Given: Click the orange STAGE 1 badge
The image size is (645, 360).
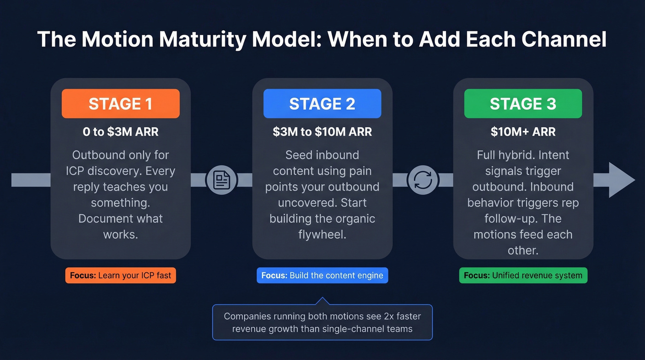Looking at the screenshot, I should [120, 104].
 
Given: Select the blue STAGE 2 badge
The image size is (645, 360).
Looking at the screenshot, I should [322, 104].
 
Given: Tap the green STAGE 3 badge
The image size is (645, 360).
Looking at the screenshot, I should [523, 104].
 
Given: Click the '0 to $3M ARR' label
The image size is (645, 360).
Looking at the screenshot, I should [120, 132].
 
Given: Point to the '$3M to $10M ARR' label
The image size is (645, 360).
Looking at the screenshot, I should [322, 132].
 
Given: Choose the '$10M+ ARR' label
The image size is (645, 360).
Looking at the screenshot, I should [523, 132].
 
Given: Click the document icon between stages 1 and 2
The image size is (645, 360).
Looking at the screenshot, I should [222, 180].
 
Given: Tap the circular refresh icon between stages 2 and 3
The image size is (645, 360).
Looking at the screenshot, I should [423, 180].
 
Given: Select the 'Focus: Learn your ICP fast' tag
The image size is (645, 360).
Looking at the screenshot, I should [120, 276].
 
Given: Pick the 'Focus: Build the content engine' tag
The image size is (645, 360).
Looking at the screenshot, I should [322, 276].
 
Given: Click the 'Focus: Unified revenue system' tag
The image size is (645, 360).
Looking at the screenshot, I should [523, 276].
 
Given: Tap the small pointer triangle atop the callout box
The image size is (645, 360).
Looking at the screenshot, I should [322, 301].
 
